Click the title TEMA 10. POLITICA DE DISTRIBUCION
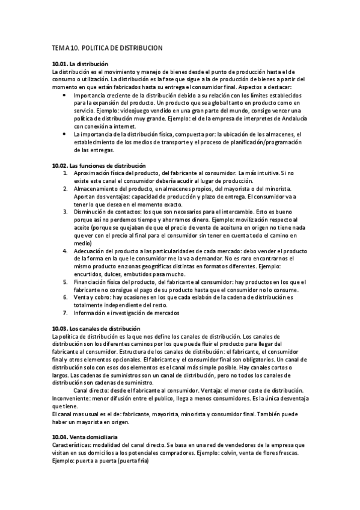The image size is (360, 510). (107, 47)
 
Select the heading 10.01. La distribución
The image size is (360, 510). (80, 64)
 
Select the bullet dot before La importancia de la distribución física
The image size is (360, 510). (64, 134)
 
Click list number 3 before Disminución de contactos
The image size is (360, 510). (65, 212)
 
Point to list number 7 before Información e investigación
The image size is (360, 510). (65, 312)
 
